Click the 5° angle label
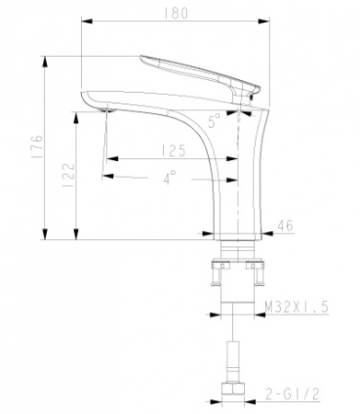215,118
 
